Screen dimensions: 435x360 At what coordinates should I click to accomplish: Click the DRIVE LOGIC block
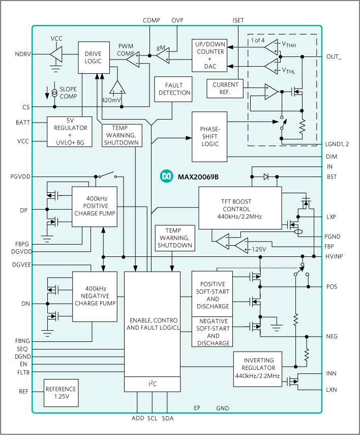pyautogui.click(x=94, y=57)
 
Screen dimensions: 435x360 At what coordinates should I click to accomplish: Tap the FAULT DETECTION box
pyautogui.click(x=174, y=89)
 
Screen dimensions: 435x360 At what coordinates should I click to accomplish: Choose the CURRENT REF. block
pyautogui.click(x=225, y=89)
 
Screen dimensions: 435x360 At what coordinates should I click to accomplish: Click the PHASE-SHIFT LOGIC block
pyautogui.click(x=209, y=136)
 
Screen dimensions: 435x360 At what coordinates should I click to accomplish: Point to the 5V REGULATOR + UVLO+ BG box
pyautogui.click(x=70, y=132)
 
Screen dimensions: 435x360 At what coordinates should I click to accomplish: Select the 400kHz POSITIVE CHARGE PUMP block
pyautogui.click(x=95, y=206)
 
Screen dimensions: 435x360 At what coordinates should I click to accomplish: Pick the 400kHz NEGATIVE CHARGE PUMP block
pyautogui.click(x=95, y=296)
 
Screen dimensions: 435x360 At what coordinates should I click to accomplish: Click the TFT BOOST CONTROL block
pyautogui.click(x=239, y=209)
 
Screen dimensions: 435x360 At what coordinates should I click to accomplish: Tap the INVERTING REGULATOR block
pyautogui.click(x=257, y=368)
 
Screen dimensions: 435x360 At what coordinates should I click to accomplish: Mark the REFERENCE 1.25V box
pyautogui.click(x=61, y=393)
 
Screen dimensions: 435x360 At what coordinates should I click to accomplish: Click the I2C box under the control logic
pyautogui.click(x=152, y=384)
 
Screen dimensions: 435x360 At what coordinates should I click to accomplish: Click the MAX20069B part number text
pyautogui.click(x=198, y=177)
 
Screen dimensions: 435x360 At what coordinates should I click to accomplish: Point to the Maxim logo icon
pyautogui.click(x=166, y=176)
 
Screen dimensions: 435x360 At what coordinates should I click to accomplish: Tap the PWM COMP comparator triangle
pyautogui.click(x=133, y=61)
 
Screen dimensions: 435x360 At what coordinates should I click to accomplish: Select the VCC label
pyautogui.click(x=56, y=39)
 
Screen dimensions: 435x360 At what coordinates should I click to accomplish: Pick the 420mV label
pyautogui.click(x=111, y=100)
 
